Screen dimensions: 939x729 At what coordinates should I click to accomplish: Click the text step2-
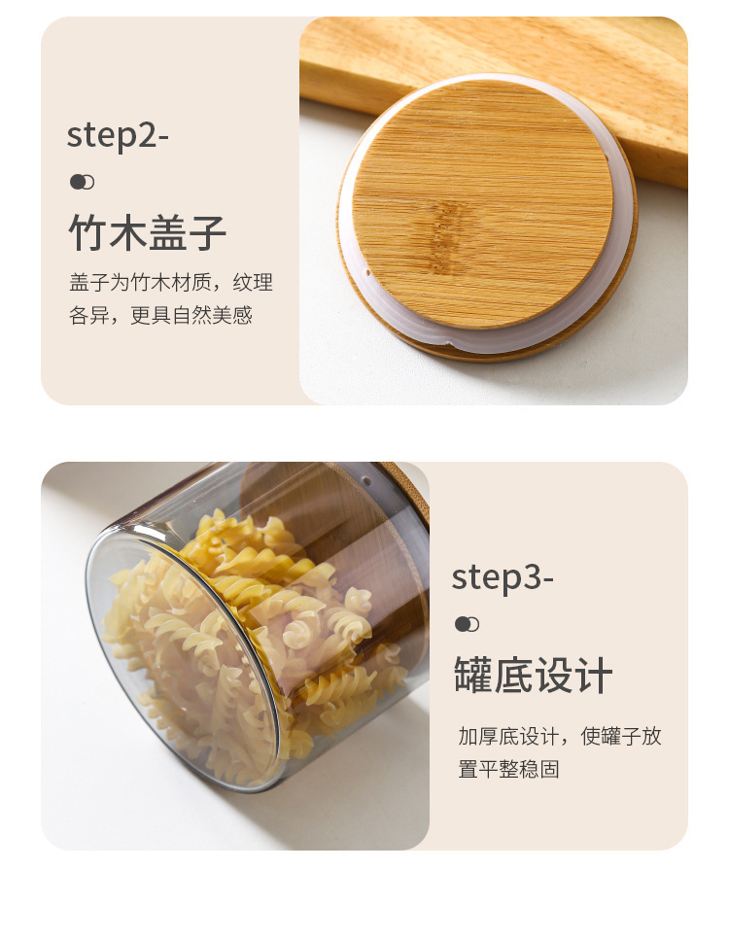point(118,136)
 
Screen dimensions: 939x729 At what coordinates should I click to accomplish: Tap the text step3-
point(503,577)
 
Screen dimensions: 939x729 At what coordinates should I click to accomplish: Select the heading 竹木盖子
point(148,233)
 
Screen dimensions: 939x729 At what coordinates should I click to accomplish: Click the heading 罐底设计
point(533,676)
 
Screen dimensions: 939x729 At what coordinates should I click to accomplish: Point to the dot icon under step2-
point(82,182)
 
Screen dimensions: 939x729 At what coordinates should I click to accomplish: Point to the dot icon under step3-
point(467,624)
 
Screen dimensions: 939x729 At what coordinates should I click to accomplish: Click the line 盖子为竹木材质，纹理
point(171,283)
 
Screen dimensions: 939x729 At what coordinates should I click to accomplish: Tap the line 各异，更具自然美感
point(160,316)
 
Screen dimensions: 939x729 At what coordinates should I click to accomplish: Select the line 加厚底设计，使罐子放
point(560,736)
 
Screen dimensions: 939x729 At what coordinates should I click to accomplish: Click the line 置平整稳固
point(508,769)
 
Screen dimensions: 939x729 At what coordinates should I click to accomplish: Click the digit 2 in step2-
point(147,136)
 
